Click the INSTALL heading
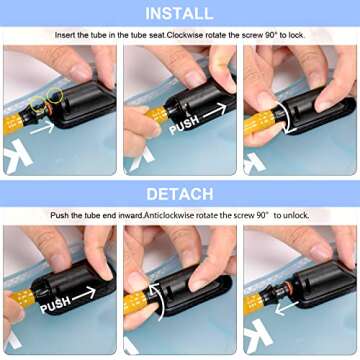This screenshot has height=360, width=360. tap(179, 13)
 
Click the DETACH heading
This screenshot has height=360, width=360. tap(180, 194)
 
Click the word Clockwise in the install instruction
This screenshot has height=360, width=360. tap(183, 35)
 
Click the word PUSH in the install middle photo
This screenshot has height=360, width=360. tap(184, 125)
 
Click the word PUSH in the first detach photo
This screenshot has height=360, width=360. tap(55, 304)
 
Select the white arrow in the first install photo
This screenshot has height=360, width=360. tap(42, 128)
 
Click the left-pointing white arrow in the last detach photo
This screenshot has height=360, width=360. tap(287, 308)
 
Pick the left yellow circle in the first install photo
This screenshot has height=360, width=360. tap(37, 103)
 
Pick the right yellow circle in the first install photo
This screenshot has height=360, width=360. tap(54, 96)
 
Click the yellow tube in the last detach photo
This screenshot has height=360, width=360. tap(253, 303)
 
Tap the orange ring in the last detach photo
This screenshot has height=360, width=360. tap(289, 287)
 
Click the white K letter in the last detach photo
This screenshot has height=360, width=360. tap(258, 336)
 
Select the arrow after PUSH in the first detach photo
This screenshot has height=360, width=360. tap(84, 294)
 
